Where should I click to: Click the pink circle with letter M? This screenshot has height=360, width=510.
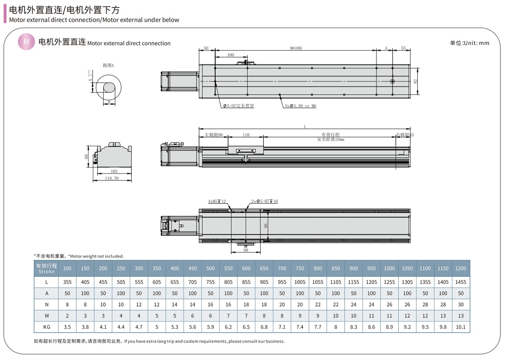click(x=26, y=42)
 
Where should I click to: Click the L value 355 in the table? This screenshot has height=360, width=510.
click(x=67, y=282)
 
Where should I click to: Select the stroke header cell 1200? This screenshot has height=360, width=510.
click(x=460, y=268)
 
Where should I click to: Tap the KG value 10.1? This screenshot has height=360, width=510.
click(x=460, y=327)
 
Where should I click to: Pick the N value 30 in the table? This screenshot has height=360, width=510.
click(x=460, y=304)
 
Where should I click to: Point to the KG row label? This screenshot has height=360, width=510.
click(x=46, y=327)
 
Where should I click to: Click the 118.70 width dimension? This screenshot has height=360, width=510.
click(x=112, y=178)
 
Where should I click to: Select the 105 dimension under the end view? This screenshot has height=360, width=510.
click(x=115, y=171)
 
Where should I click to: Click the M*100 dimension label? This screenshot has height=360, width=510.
click(x=296, y=48)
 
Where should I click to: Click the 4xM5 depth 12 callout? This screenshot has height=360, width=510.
click(x=217, y=201)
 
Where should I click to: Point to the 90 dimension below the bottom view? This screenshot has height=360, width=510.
click(x=246, y=250)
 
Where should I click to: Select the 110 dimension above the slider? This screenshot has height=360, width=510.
click(x=246, y=135)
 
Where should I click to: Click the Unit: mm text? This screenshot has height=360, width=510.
click(x=469, y=43)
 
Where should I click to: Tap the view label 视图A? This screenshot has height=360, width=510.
click(x=108, y=65)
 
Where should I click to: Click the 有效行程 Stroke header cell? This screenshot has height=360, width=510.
click(x=46, y=268)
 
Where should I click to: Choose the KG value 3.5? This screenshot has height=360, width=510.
click(x=67, y=327)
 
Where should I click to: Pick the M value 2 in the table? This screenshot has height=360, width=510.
click(x=67, y=315)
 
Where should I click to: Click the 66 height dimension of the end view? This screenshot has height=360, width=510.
click(x=86, y=157)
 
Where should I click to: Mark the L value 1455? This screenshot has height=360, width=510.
click(x=460, y=282)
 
